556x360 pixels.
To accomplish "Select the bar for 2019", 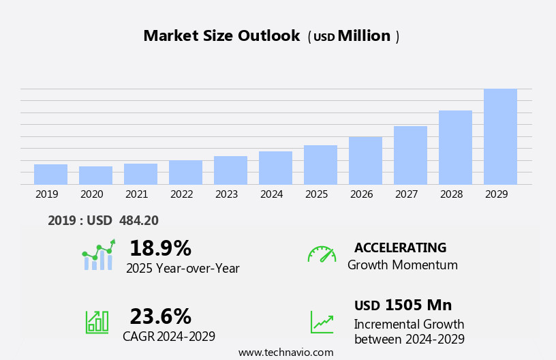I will (50, 175).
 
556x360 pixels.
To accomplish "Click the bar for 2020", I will (95, 175).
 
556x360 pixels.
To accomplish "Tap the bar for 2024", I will (275, 168).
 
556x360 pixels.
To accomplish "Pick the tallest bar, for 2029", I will (500, 136).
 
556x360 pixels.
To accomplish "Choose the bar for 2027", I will (410, 155).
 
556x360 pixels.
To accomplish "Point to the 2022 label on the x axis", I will (182, 194).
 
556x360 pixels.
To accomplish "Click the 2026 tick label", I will (362, 194).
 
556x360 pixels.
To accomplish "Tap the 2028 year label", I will (452, 194).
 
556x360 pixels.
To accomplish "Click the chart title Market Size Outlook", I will (221, 36).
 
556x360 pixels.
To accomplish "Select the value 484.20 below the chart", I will (138, 220).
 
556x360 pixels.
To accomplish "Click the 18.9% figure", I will (160, 248).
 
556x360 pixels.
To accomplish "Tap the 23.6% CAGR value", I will (160, 316).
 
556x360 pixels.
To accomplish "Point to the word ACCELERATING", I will (400, 247).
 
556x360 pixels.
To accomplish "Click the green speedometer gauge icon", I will (322, 254).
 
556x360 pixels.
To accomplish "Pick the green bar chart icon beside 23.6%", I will (97, 322).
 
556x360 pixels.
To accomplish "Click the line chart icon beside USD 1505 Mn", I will (322, 322).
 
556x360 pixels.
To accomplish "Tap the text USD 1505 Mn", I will (403, 305).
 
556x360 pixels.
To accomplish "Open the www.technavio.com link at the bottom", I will (285, 352).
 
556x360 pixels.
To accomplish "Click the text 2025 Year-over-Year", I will (183, 269).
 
